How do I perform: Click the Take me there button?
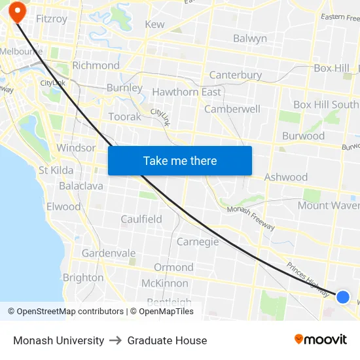180,160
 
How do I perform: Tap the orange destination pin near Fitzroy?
16,12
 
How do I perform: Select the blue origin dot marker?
342,297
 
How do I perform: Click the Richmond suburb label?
96,65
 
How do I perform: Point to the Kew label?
154,24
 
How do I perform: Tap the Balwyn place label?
250,39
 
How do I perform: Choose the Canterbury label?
235,75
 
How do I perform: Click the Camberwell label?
232,109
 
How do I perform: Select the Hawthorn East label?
187,92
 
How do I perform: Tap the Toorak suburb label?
124,117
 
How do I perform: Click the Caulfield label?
141,219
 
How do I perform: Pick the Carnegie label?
198,242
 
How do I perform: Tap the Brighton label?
83,278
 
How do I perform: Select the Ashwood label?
285,177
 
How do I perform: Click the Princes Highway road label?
308,279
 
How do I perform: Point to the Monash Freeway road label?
251,218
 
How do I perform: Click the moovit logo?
321,339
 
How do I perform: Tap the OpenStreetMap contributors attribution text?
65,312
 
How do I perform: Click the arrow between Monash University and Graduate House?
116,340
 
